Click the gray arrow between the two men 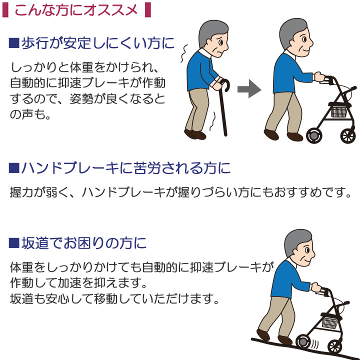249,89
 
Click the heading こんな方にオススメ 76,10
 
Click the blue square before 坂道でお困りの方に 14,243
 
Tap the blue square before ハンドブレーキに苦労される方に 14,168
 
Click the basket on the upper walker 339,111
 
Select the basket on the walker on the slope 330,322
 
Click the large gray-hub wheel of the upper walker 314,135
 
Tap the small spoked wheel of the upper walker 348,136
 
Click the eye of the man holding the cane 220,42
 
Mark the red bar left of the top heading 5,10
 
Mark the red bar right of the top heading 148,10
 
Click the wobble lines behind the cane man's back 184,53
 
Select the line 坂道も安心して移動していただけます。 114,298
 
